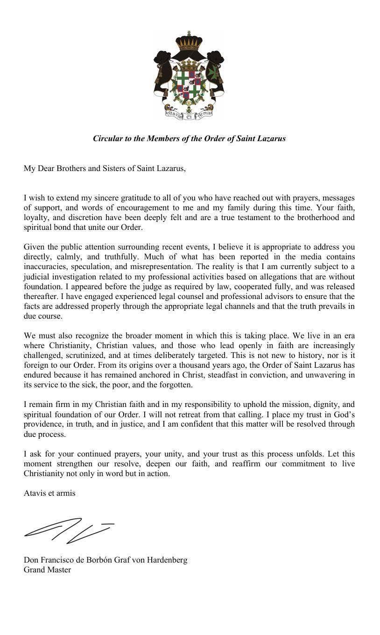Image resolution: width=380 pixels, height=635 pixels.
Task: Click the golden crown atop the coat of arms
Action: click(x=189, y=43)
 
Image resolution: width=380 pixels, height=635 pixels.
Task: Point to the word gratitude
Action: click(x=109, y=198)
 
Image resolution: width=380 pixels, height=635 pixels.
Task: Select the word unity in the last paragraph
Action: click(x=184, y=454)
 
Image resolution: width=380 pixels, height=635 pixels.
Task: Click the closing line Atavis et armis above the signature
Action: click(x=49, y=493)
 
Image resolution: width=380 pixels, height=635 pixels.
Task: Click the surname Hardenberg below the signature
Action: click(x=167, y=560)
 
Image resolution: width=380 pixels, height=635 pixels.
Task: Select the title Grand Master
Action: click(x=47, y=570)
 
